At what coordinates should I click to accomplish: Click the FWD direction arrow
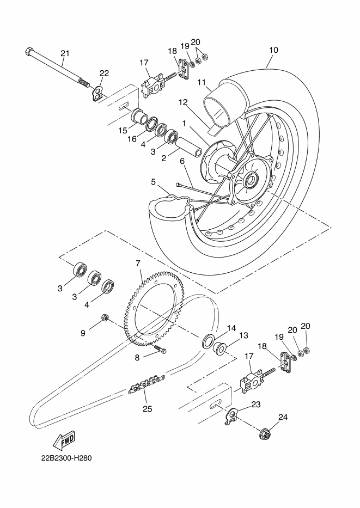click(x=64, y=441)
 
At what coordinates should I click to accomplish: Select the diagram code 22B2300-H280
click(x=66, y=458)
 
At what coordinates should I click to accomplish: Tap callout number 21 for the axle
click(x=65, y=53)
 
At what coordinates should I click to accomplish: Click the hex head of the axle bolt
click(x=29, y=51)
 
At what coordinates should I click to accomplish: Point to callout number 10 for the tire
click(x=273, y=50)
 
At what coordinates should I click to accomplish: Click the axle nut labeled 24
click(x=266, y=434)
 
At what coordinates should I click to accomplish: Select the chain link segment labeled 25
click(x=147, y=384)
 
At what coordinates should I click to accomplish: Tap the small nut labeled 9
click(x=105, y=317)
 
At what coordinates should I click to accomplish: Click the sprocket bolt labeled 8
click(x=160, y=349)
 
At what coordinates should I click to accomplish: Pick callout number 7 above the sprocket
click(x=138, y=263)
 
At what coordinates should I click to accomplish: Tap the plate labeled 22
click(x=97, y=94)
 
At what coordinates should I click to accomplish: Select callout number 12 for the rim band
click(x=183, y=102)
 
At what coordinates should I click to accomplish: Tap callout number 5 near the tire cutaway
click(x=153, y=182)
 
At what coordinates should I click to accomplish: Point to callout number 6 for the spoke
click(x=182, y=161)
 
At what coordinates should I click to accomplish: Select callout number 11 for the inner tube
click(x=202, y=82)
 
